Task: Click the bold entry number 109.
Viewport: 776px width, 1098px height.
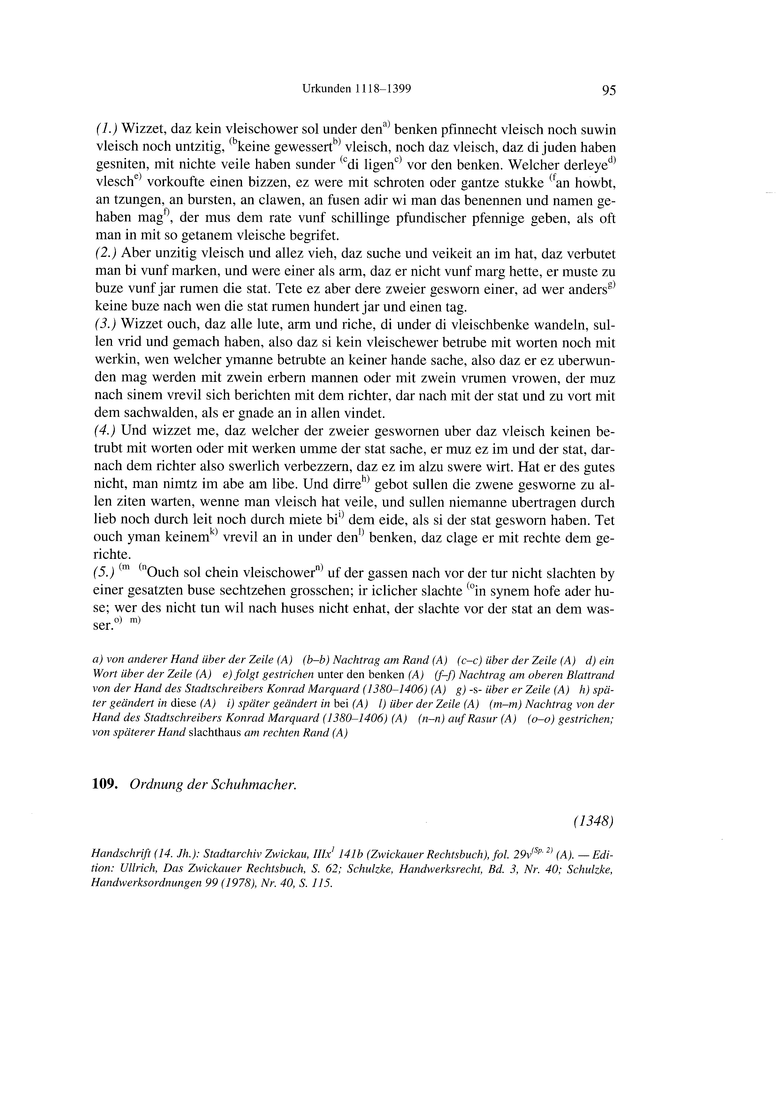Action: click(x=105, y=785)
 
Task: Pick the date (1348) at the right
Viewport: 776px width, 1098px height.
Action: click(x=593, y=821)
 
